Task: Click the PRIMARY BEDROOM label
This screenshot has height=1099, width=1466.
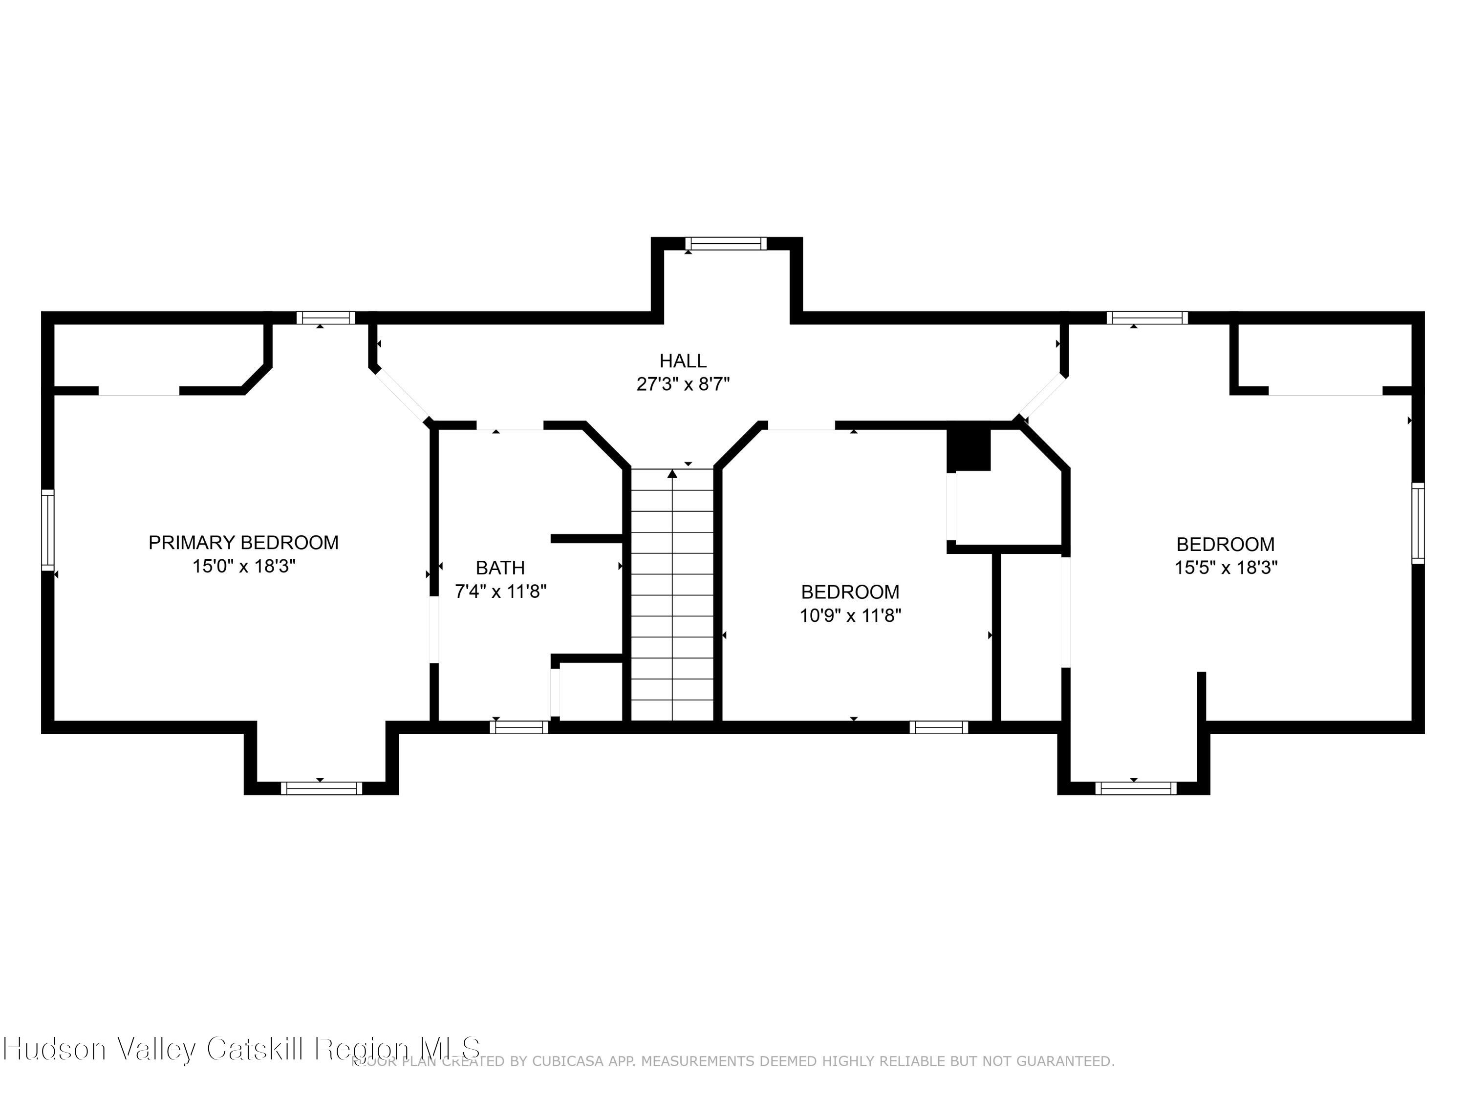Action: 243,543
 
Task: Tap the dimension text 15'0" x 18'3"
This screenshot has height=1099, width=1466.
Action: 243,567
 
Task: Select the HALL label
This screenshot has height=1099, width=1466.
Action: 683,361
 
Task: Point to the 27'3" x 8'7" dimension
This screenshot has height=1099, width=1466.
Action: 683,384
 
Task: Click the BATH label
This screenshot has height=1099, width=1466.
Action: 500,568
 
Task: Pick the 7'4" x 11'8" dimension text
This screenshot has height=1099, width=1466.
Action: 500,591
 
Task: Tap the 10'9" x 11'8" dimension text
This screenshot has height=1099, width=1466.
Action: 850,615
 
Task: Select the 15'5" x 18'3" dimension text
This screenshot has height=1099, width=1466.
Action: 1226,568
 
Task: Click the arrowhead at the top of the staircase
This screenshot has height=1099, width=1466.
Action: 673,474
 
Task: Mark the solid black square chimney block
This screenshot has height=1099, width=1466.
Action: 968,449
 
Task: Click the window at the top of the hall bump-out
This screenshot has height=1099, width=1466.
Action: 726,244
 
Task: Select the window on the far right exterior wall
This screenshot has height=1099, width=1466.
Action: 1418,523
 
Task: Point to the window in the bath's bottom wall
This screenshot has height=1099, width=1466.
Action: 519,727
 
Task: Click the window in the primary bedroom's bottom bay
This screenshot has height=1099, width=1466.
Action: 322,788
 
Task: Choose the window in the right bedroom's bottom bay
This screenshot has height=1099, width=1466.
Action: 1136,788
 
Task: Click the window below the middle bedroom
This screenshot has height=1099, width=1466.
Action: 938,727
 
